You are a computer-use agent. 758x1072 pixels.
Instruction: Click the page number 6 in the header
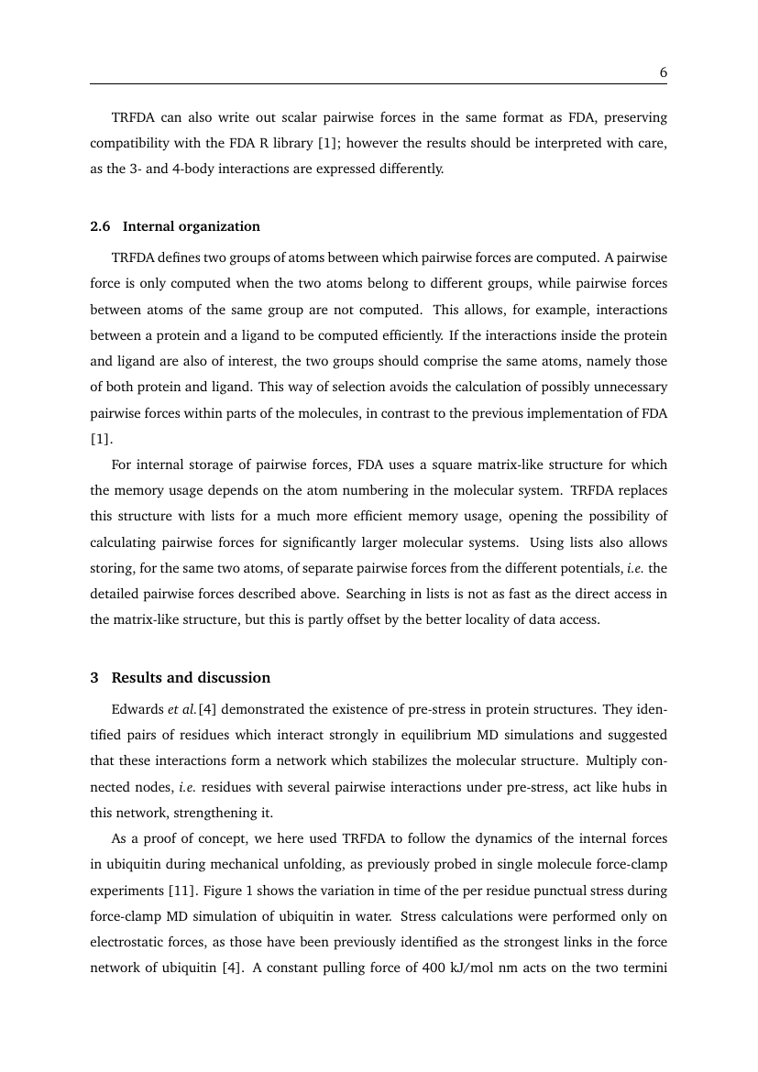tap(662, 71)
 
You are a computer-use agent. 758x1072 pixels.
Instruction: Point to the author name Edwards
tap(137, 710)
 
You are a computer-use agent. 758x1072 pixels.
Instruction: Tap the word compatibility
tap(130, 144)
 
